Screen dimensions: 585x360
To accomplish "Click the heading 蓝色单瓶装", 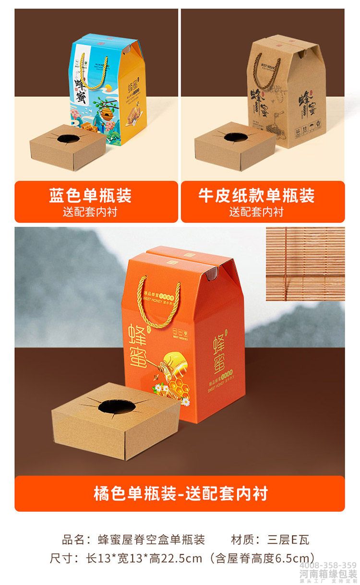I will tap(90, 195).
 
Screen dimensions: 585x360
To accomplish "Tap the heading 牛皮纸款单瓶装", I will tap(256, 195).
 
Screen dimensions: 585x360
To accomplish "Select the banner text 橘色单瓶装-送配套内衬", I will tap(180, 493).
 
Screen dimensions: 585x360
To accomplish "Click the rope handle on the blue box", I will tap(89, 72).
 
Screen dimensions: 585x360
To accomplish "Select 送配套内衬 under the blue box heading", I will tap(90, 211).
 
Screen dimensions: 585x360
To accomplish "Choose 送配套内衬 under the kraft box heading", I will tap(256, 211).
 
